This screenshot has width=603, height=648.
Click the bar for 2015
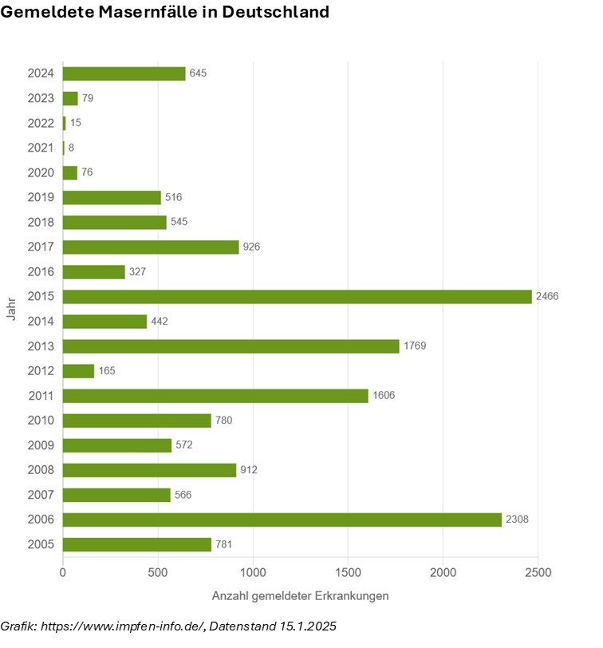[297, 296]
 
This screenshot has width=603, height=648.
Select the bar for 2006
[282, 520]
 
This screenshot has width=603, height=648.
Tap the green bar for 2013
[231, 346]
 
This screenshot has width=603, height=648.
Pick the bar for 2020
[70, 172]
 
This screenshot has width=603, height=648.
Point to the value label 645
[199, 73]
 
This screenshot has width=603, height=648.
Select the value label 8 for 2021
[72, 148]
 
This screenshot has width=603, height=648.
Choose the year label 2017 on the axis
[41, 247]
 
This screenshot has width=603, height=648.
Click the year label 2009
[41, 445]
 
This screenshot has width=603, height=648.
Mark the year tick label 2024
[41, 73]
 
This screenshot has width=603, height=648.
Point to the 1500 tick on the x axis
[348, 572]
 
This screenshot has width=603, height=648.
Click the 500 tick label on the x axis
[158, 572]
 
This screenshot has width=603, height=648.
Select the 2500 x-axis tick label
[538, 572]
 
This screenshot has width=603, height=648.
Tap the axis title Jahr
[11, 309]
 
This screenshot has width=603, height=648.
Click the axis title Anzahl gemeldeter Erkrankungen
[300, 596]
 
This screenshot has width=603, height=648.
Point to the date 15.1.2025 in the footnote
[308, 626]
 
